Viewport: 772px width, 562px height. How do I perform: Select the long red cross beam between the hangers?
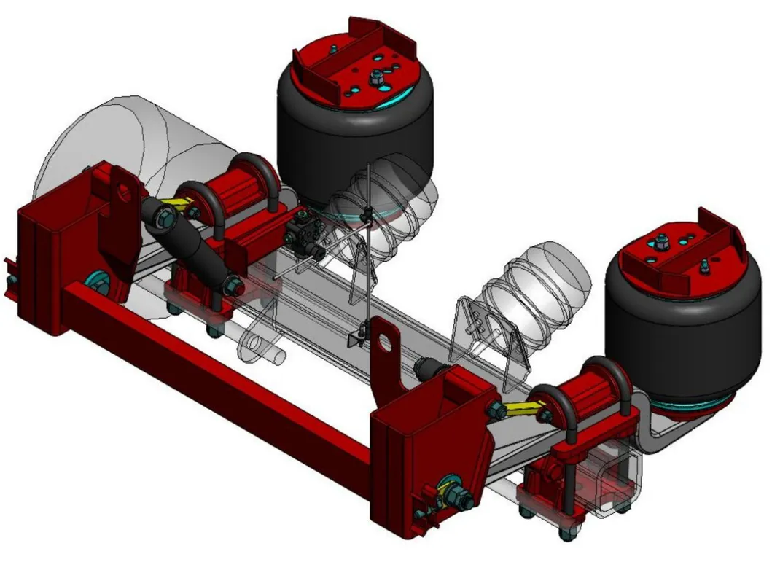[x=219, y=379]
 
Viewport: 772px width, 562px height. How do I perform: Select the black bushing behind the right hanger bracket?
[x=426, y=367]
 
